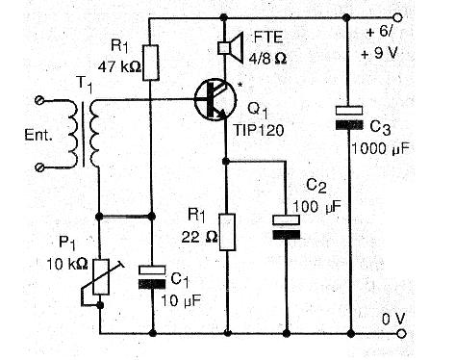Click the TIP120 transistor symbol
point(215,100)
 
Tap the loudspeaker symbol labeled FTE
point(230,47)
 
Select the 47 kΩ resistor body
point(150,63)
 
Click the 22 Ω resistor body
point(227,232)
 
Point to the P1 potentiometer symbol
point(101,277)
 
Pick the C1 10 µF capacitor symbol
point(152,277)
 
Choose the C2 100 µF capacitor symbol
point(287,227)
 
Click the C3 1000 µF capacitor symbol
point(349,117)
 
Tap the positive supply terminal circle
point(397,17)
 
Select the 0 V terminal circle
point(401,334)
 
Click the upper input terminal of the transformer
point(39,101)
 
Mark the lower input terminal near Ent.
point(39,167)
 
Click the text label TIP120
point(259,131)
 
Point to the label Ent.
point(38,135)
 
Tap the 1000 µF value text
point(381,149)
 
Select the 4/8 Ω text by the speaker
point(267,59)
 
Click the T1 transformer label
point(84,84)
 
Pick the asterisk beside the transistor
point(240,86)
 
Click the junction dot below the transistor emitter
point(226,161)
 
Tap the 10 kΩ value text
point(67,265)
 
